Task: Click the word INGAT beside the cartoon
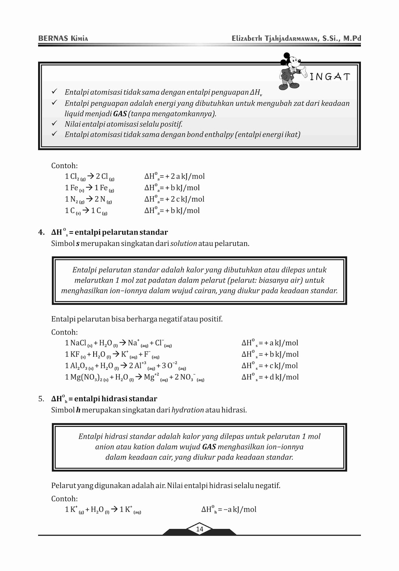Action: (330, 77)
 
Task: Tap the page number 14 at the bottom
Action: (199, 529)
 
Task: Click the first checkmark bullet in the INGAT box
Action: (55, 92)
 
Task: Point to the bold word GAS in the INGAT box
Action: (120, 114)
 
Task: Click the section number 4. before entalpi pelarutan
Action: (41, 232)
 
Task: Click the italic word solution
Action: (183, 244)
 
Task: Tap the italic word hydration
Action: (187, 410)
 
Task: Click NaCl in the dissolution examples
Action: (78, 343)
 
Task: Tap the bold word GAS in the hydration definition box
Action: (209, 447)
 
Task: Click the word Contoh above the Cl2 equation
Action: (64, 166)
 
